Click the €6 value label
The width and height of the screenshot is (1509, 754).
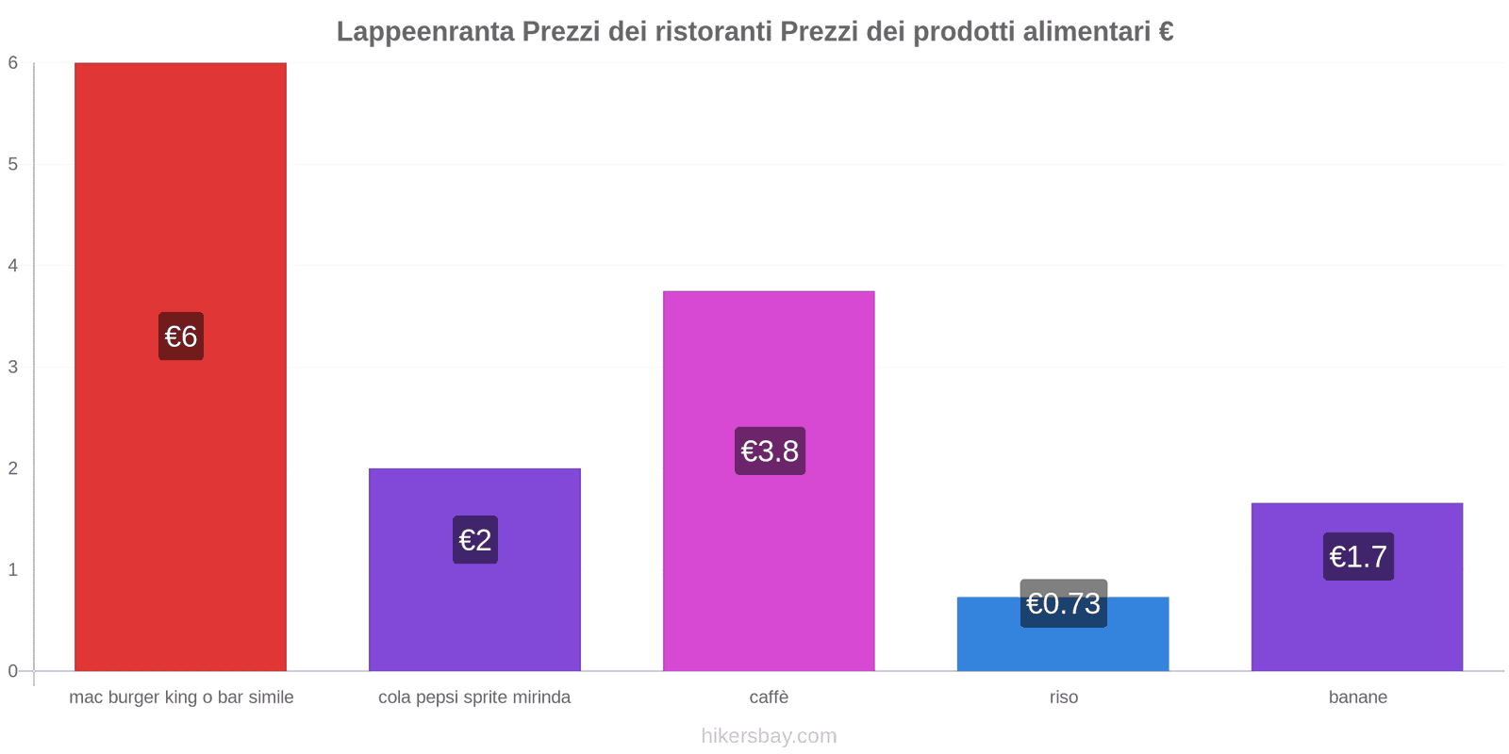pos(181,336)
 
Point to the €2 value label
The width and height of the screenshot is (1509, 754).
pos(475,540)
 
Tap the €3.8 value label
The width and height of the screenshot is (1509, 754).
pos(770,451)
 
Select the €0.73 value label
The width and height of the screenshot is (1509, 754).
pos(1063,603)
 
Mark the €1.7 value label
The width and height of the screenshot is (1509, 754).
pos(1358,557)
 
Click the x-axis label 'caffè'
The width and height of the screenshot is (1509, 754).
pos(769,697)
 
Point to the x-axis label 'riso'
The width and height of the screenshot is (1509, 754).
pos(1063,697)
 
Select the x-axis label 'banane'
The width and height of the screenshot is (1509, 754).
pos(1357,697)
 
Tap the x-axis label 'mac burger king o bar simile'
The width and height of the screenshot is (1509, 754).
pos(181,697)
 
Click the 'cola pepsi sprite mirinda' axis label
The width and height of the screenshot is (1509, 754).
pos(474,697)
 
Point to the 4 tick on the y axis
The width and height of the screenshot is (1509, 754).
pos(13,266)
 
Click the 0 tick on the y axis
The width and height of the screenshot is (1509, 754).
pos(13,671)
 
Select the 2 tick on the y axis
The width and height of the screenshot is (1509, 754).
pos(13,468)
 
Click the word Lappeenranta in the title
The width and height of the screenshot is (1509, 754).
pos(425,32)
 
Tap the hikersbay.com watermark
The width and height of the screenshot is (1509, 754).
pos(769,736)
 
